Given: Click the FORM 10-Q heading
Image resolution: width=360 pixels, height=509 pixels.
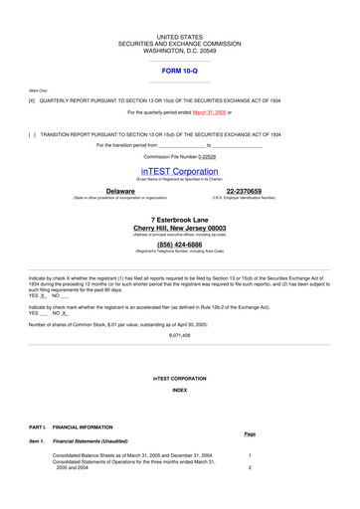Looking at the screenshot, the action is click(179, 72).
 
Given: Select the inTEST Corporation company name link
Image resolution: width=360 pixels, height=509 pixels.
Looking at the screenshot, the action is click(179, 171).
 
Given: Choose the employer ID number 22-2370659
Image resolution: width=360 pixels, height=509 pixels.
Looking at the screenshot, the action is click(244, 191).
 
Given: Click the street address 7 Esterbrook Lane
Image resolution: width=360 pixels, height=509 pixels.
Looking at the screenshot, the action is click(179, 219).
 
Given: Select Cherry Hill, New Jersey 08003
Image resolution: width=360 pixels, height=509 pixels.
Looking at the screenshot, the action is click(179, 228).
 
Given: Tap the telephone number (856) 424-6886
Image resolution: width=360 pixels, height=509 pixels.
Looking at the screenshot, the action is click(179, 244).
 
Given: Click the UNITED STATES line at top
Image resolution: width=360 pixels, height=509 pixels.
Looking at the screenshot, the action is click(179, 37).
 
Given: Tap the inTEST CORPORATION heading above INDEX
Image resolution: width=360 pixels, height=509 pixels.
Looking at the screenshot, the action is click(179, 379).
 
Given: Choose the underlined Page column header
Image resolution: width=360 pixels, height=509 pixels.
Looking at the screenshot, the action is click(250, 433).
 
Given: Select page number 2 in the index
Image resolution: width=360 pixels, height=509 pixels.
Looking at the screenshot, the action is click(250, 467).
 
